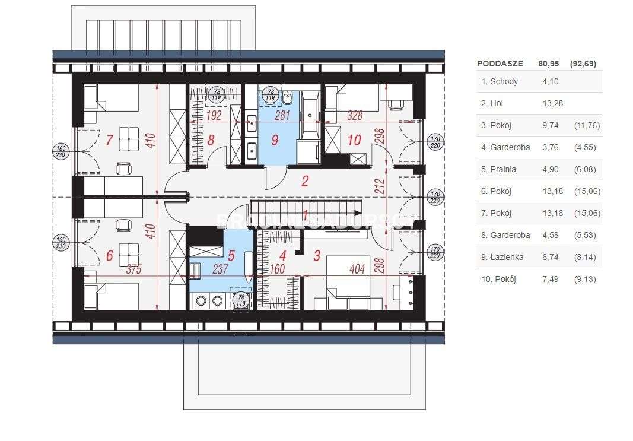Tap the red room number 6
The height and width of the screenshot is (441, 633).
109,255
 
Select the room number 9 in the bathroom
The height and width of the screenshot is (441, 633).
274,141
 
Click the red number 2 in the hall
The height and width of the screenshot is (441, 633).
305,180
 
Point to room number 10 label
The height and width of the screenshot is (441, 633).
354,141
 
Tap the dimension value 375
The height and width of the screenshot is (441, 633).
134,269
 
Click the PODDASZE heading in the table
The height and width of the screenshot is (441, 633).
500,64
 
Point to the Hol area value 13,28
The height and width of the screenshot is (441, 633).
552,103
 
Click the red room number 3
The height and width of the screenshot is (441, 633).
317,256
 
